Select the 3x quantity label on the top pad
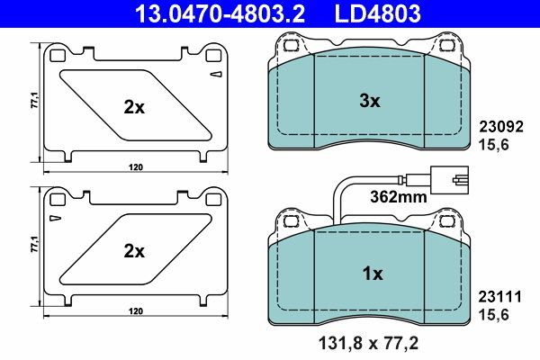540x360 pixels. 370,103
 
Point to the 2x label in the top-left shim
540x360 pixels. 134,107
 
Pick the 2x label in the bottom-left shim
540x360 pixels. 134,252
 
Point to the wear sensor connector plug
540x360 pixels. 447,177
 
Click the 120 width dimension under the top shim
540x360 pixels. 134,167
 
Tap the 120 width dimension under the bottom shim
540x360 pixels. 134,310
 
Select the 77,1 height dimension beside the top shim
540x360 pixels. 34,101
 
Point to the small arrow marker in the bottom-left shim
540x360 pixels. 55,219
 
